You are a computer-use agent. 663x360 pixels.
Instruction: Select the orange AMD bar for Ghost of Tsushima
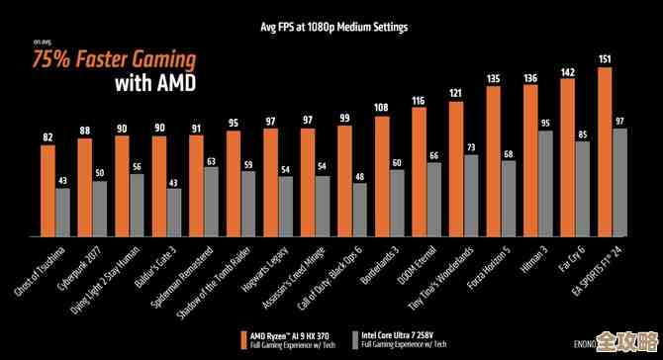[47, 191]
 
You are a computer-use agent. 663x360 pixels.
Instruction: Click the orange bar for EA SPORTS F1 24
[605, 152]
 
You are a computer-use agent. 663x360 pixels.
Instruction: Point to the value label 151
[605, 59]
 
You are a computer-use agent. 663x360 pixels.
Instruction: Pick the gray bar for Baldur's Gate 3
[174, 213]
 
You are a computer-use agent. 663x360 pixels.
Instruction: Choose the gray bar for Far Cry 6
[582, 189]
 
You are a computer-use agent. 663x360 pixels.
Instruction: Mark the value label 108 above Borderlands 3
[381, 107]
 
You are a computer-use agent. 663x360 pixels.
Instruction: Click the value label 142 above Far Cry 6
[567, 71]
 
